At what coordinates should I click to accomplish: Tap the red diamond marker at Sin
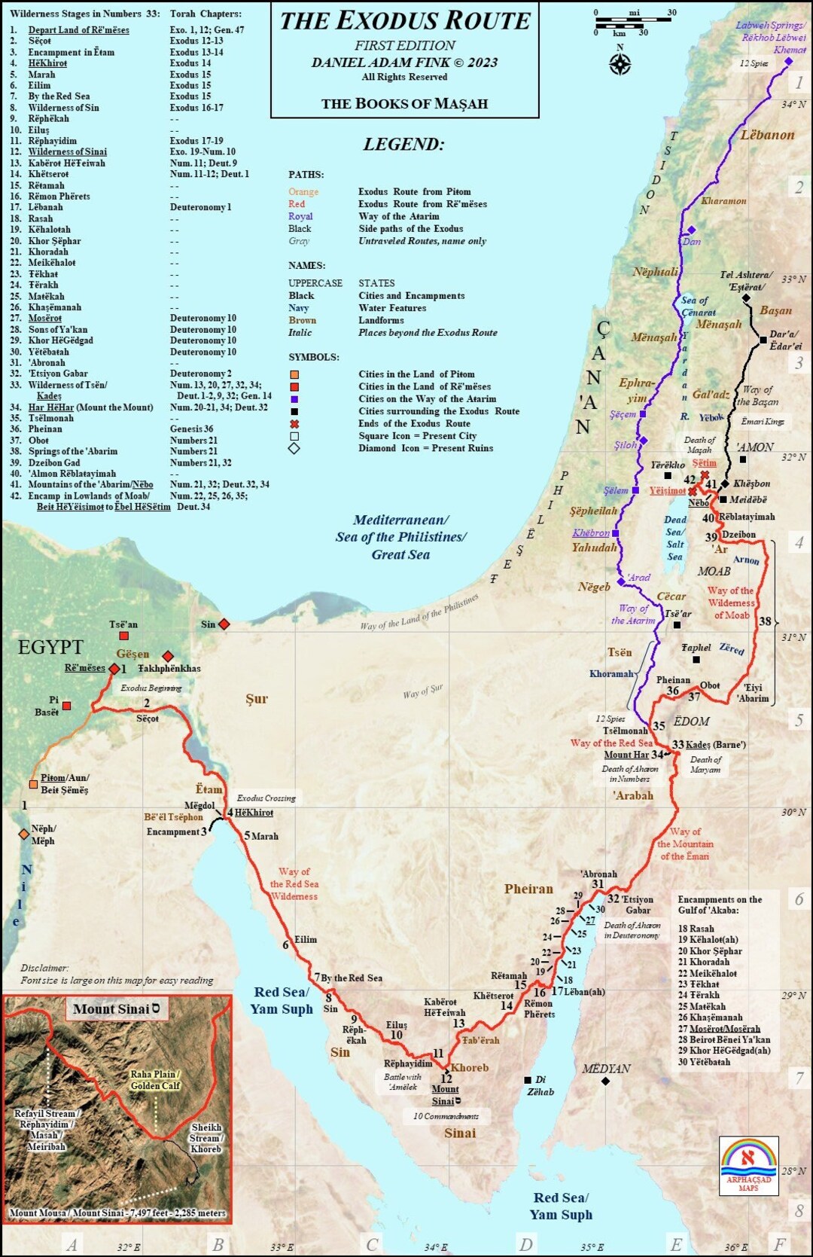(224, 624)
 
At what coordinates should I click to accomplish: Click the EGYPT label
(50, 647)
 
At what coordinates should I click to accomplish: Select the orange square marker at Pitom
(33, 784)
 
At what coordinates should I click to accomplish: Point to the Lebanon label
(767, 136)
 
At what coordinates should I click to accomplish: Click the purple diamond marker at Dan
(691, 230)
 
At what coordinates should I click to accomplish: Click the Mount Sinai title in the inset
(116, 1009)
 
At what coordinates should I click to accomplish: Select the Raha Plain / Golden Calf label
(156, 1080)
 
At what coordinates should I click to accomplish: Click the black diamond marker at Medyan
(605, 1082)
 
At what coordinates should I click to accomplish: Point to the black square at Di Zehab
(528, 1080)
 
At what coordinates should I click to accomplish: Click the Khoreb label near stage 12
(470, 1068)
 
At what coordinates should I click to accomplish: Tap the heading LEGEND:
(404, 144)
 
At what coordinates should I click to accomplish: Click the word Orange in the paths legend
(303, 192)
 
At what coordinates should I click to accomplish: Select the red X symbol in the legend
(294, 424)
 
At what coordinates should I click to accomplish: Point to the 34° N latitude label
(793, 105)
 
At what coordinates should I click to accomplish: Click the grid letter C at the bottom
(372, 1243)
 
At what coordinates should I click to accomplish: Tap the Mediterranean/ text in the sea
(400, 520)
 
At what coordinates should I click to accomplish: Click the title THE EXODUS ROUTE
(405, 21)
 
